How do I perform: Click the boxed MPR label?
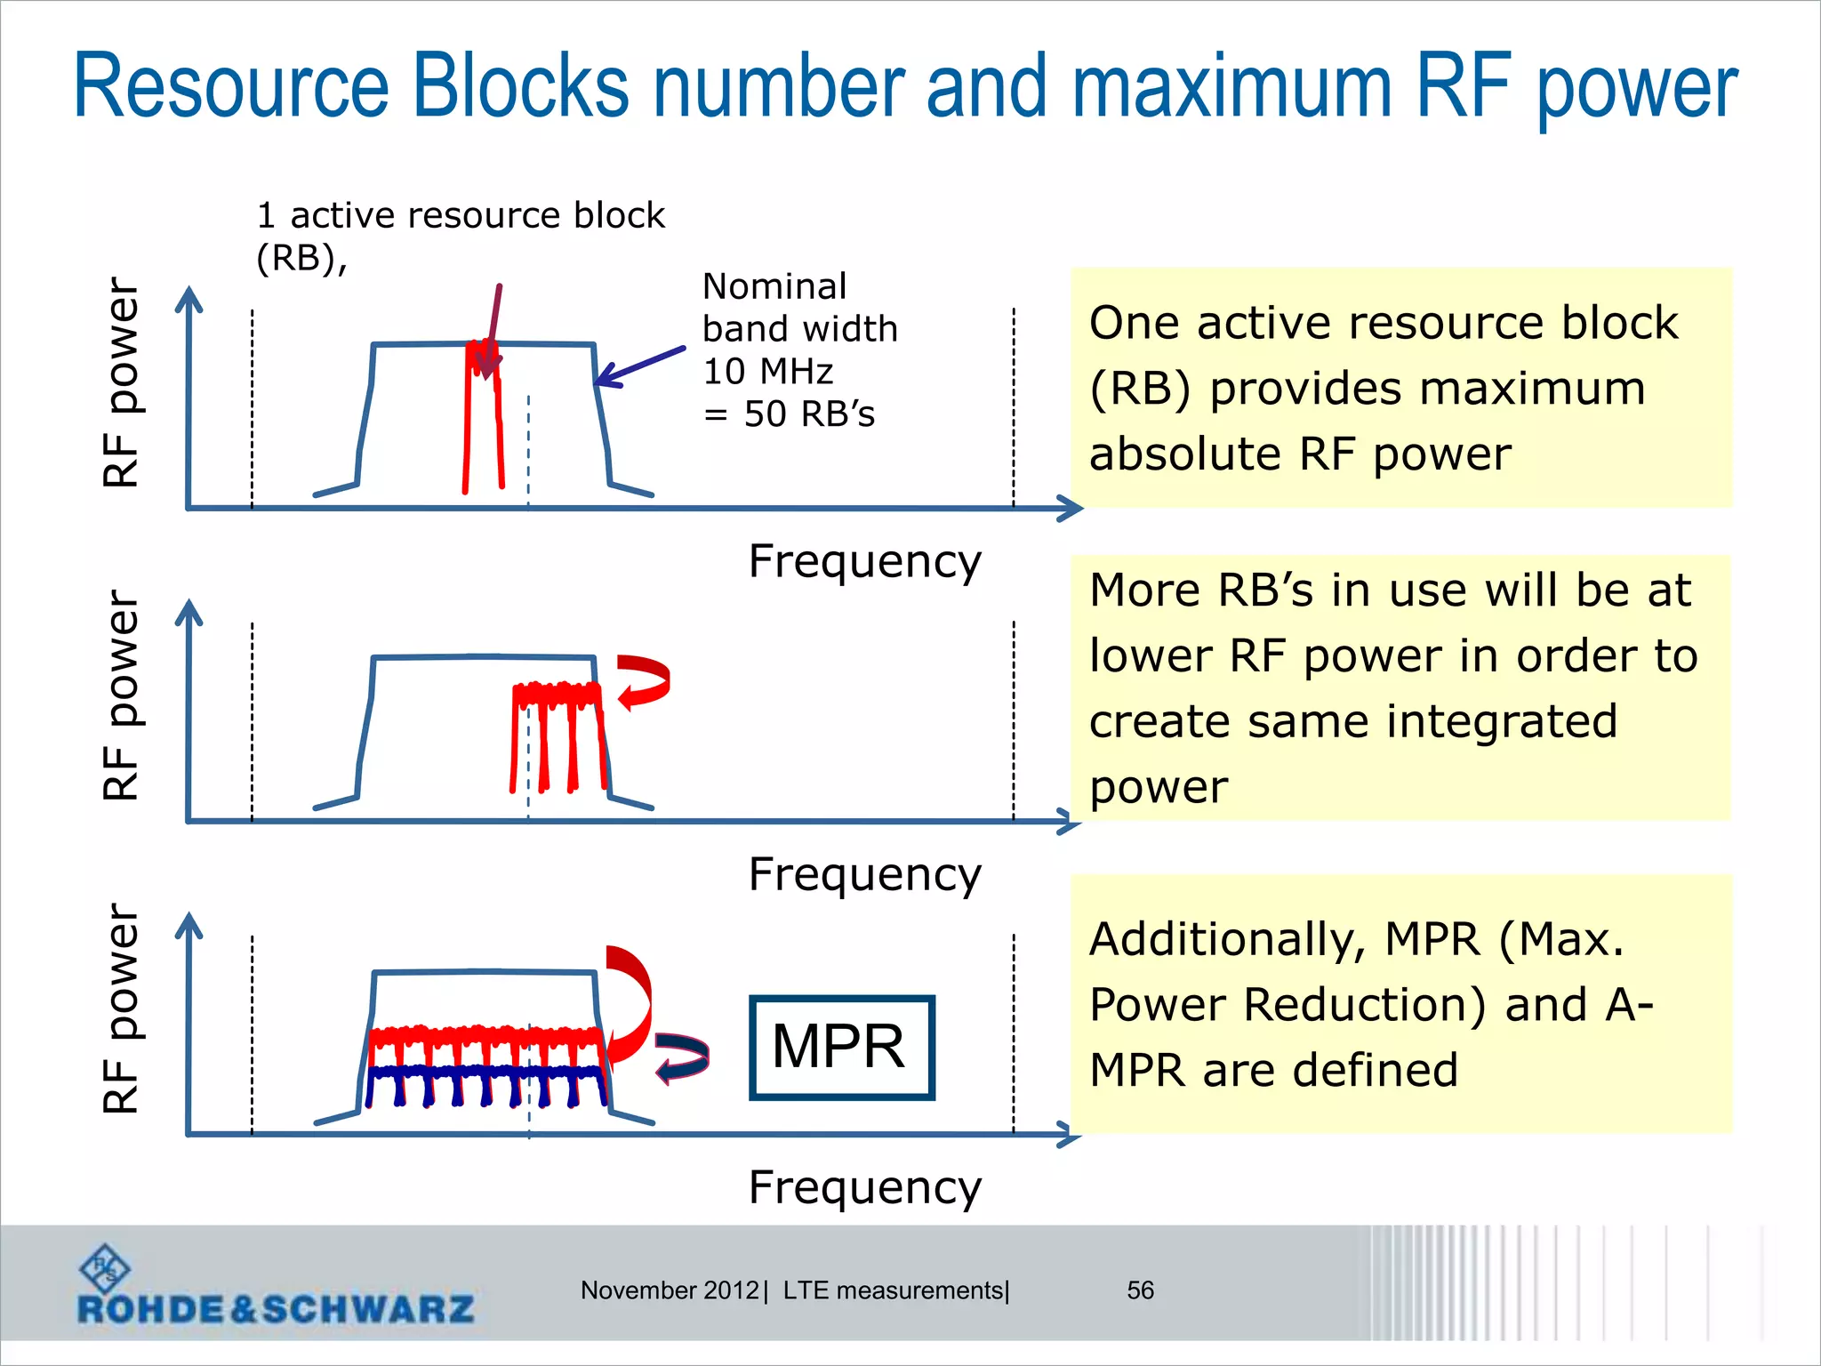pos(841,1047)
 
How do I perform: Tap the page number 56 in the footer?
pos(1140,1290)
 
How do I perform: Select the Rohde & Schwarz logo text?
pos(276,1309)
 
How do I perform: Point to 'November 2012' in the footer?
pos(670,1290)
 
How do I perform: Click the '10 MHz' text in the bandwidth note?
pos(767,371)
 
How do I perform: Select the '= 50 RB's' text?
pos(789,414)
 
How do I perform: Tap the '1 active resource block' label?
pos(460,215)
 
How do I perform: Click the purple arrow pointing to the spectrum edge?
pos(640,366)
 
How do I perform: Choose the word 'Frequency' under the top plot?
pos(864,561)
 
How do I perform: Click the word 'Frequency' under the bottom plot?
pos(864,1187)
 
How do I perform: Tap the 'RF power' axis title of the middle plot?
pos(121,695)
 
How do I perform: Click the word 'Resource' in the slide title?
pos(231,86)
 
